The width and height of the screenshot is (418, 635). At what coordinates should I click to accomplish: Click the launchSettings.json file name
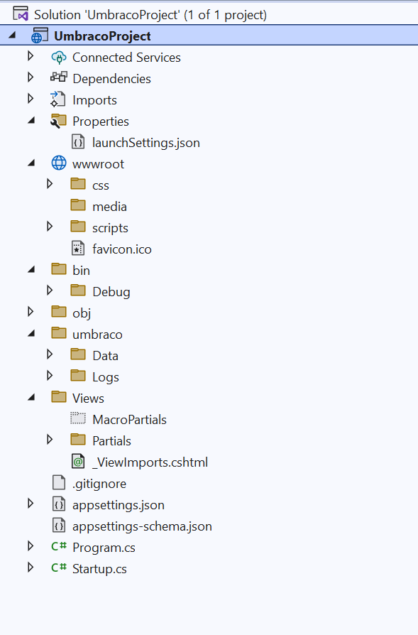pyautogui.click(x=145, y=143)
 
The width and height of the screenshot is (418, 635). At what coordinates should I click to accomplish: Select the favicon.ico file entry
pyautogui.click(x=122, y=249)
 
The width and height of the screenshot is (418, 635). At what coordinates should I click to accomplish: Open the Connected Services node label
pyautogui.click(x=126, y=58)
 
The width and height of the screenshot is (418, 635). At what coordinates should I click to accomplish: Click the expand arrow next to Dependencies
pyautogui.click(x=31, y=77)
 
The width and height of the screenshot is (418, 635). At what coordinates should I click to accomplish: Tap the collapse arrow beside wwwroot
pyautogui.click(x=31, y=163)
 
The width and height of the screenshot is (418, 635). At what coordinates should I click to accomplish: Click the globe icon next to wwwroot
pyautogui.click(x=59, y=163)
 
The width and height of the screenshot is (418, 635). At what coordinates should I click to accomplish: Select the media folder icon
pyautogui.click(x=78, y=205)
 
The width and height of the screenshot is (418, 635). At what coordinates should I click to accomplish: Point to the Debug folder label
pyautogui.click(x=111, y=292)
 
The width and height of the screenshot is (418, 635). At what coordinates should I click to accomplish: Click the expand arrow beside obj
pyautogui.click(x=31, y=311)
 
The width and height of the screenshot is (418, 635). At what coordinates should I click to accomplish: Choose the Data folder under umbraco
pyautogui.click(x=105, y=356)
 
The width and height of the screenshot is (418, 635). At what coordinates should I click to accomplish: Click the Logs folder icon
pyautogui.click(x=78, y=376)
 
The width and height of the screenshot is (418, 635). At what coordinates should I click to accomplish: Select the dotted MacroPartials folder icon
pyautogui.click(x=78, y=418)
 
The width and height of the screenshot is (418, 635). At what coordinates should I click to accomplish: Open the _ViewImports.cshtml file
pyautogui.click(x=150, y=462)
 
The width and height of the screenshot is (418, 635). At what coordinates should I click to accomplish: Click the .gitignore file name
pyautogui.click(x=99, y=484)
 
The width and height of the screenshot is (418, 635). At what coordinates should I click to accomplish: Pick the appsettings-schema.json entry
pyautogui.click(x=142, y=526)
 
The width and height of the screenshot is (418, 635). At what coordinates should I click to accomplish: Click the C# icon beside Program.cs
pyautogui.click(x=59, y=546)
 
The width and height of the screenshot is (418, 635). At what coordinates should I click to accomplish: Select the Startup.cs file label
pyautogui.click(x=99, y=569)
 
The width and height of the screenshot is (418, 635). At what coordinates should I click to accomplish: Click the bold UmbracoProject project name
pyautogui.click(x=102, y=36)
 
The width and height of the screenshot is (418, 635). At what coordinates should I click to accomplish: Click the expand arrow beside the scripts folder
pyautogui.click(x=50, y=226)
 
